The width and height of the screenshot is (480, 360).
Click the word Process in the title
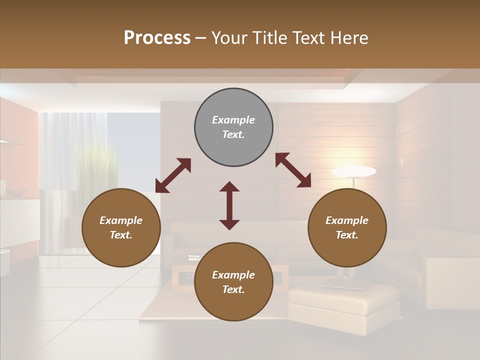tap(157, 38)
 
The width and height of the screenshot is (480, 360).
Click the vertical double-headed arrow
tap(229, 205)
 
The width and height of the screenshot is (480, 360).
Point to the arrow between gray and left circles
tap(173, 175)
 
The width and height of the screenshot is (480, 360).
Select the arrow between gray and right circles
tap(293, 170)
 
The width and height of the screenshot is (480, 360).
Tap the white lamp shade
tap(353, 171)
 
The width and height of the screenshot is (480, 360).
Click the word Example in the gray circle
tap(233, 120)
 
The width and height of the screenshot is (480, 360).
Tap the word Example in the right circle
tap(347, 220)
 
